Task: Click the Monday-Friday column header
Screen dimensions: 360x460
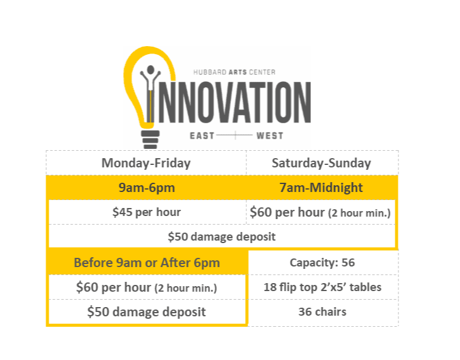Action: click(146, 163)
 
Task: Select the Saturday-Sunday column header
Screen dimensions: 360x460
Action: click(321, 163)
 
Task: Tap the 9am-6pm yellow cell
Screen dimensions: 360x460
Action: click(146, 188)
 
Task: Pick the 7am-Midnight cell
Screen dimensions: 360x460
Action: click(321, 188)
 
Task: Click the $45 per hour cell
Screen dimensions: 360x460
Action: click(146, 212)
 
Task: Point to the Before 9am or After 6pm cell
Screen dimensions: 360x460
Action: click(147, 263)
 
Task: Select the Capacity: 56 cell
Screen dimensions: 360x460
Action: click(322, 263)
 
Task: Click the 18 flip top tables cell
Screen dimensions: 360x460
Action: click(322, 287)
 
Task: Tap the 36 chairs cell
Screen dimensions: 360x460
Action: click(322, 311)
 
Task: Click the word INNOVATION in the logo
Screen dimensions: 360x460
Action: click(234, 101)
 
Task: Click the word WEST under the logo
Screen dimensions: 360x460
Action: click(270, 135)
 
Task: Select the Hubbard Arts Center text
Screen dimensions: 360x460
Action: click(235, 72)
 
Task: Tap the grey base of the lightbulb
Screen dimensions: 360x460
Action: click(150, 139)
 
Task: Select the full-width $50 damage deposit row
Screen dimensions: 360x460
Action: click(222, 236)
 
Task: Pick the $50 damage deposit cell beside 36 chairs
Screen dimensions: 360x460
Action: click(147, 311)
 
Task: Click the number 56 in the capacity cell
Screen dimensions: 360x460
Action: click(348, 263)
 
